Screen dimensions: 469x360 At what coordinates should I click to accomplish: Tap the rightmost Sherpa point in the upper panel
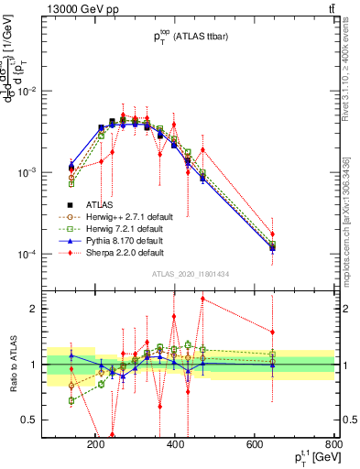pyautogui.click(x=272, y=234)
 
